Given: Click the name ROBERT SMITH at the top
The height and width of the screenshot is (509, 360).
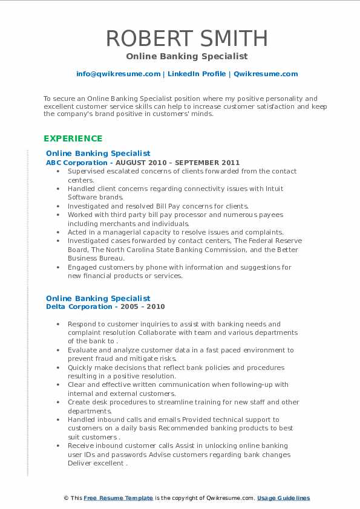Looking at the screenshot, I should point(187,38).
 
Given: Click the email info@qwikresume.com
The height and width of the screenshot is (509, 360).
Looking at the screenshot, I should point(118,74).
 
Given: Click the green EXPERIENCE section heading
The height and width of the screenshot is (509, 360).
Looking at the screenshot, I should point(73,138).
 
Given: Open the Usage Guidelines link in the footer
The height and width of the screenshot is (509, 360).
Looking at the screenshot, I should point(283,498).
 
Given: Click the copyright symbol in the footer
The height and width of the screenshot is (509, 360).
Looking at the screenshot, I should point(66,498).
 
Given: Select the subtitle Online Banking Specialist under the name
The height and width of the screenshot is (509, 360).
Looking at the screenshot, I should point(187,56).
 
